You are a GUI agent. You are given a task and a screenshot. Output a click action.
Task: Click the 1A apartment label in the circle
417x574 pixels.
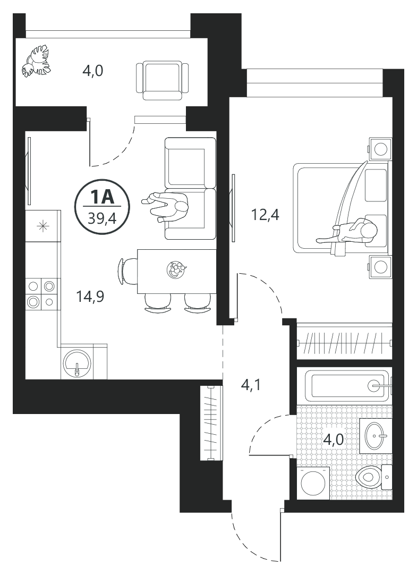point(102,198)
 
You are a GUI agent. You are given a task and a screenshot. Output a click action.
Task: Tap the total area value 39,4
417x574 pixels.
point(102,219)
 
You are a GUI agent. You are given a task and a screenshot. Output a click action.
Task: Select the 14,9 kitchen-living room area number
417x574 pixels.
point(90,297)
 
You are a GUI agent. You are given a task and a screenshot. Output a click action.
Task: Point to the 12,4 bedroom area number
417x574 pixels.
point(265,215)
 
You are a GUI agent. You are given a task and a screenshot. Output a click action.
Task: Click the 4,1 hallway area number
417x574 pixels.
point(251,385)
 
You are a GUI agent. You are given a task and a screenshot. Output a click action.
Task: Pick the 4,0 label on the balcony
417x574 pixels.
point(93,70)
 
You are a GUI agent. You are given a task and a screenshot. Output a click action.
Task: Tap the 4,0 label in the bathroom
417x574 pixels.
point(333,439)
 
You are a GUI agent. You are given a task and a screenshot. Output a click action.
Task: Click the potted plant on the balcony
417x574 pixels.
point(36,61)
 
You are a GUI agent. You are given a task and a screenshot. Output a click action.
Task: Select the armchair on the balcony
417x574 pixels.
point(162,81)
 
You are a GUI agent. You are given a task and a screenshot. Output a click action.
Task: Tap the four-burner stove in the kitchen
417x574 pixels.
point(41,293)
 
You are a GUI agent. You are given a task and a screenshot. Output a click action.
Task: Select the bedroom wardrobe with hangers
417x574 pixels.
point(344,342)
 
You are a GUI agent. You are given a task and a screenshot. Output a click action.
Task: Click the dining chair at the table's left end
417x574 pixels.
point(126,271)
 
